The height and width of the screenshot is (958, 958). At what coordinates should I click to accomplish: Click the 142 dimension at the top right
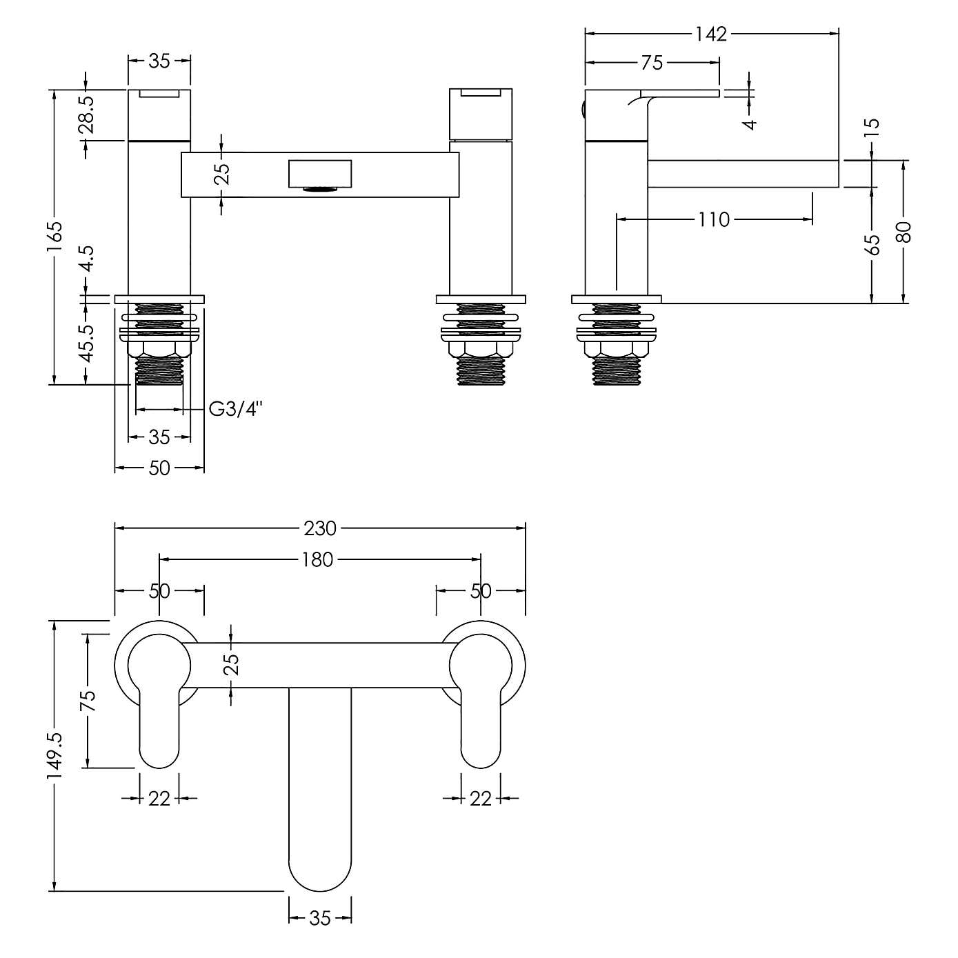711,34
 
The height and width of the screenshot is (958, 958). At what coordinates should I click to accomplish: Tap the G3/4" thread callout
236,410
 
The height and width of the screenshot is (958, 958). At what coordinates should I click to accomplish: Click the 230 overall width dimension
320,528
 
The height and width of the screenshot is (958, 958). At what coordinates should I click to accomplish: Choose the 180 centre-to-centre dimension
317,559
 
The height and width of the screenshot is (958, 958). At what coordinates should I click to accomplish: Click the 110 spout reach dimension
713,220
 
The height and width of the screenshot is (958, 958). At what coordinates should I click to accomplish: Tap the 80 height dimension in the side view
905,232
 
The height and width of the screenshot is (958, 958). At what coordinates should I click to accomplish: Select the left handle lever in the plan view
159,735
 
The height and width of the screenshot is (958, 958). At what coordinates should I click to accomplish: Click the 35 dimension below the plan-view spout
320,918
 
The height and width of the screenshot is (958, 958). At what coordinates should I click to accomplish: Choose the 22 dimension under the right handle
481,798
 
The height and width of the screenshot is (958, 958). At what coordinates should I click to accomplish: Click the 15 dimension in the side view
872,127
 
